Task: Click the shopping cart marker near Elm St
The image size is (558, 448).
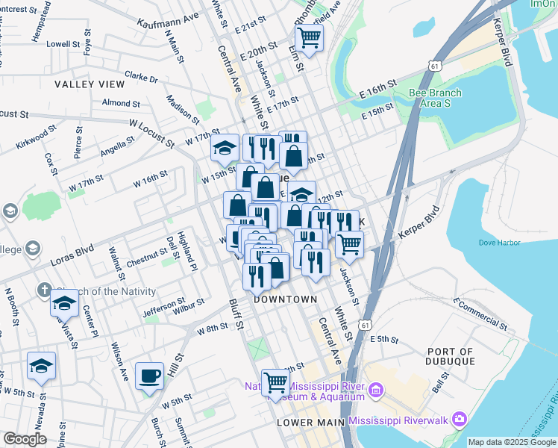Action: (x=309, y=37)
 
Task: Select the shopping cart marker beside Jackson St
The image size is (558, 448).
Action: (x=349, y=244)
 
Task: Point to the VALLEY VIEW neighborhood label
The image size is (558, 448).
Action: (x=90, y=84)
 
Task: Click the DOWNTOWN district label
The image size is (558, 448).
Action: (x=285, y=299)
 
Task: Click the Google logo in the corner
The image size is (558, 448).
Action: (x=25, y=439)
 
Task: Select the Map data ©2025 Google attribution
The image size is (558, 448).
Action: (x=512, y=442)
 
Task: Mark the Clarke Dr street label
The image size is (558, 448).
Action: (x=142, y=78)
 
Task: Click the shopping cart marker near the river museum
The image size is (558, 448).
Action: (x=276, y=383)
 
